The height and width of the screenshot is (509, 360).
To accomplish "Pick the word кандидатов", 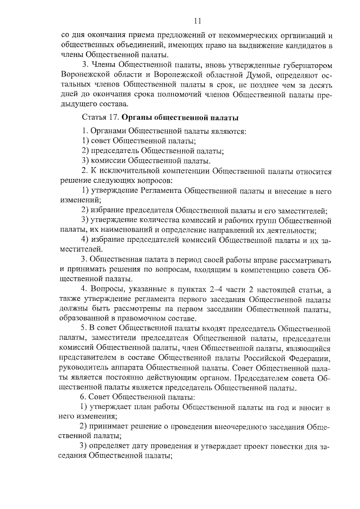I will pyautogui.click(x=304, y=44).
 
